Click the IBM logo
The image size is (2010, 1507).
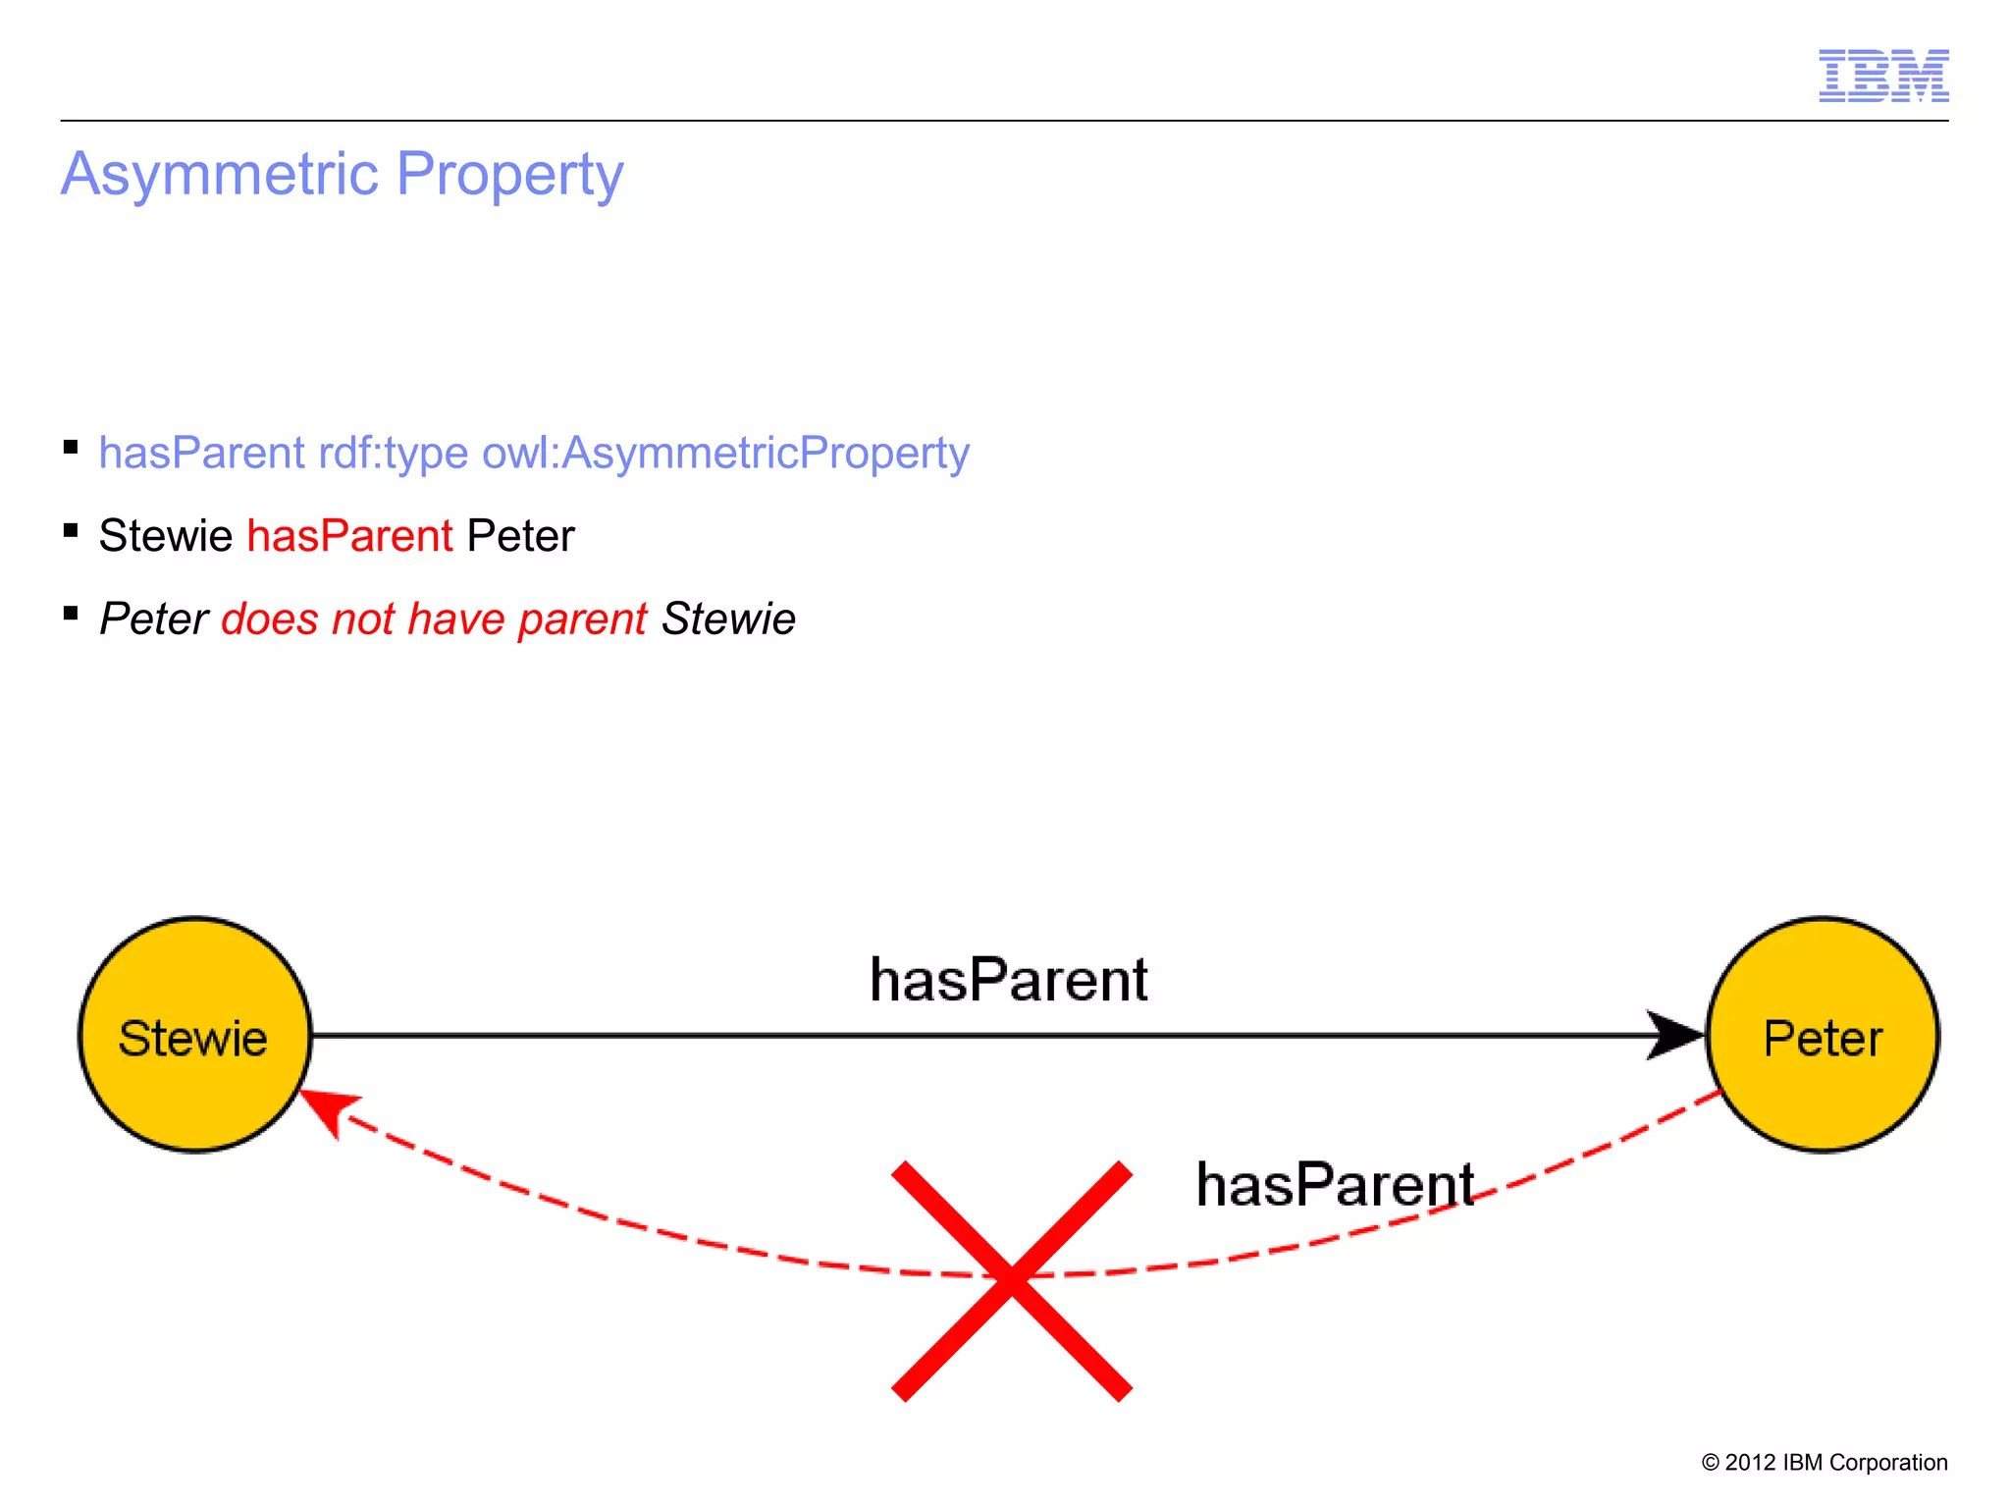(1882, 76)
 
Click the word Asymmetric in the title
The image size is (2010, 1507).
(220, 175)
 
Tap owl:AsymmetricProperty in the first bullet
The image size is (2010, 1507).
(725, 454)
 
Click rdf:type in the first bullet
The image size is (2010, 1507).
(393, 454)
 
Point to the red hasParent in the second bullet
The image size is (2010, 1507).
(349, 537)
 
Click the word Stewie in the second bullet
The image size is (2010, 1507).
(165, 537)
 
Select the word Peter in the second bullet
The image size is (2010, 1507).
(520, 537)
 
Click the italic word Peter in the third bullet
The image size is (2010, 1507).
(153, 619)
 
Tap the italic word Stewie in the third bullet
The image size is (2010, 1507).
(728, 619)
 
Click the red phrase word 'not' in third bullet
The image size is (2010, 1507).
(362, 619)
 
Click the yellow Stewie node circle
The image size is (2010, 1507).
(194, 1035)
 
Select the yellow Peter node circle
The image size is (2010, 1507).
(1823, 1035)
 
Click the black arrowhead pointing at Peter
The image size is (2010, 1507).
(1676, 1035)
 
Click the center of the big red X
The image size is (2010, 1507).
(1012, 1280)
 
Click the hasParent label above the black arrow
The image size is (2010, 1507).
(1008, 980)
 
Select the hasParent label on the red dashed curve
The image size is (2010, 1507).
(1335, 1185)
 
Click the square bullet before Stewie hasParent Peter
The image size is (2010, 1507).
(71, 531)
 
